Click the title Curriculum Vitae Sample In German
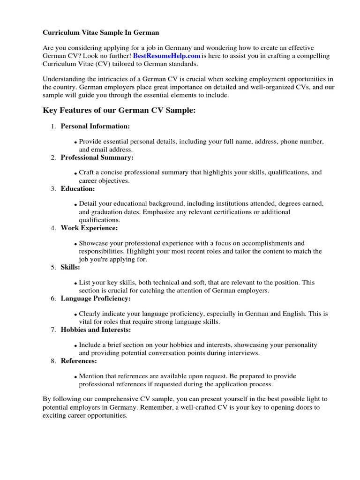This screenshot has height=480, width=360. click(101, 33)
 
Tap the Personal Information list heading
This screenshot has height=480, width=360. click(95, 126)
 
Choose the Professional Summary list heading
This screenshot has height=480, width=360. click(97, 157)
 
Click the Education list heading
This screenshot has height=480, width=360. click(78, 188)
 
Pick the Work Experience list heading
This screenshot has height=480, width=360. click(89, 228)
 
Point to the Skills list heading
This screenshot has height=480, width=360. click(70, 267)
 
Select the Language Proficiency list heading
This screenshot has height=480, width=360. click(96, 298)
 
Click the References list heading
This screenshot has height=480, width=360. click(79, 361)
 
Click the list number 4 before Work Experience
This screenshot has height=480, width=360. click(53, 228)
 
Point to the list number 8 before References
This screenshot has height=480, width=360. click(53, 361)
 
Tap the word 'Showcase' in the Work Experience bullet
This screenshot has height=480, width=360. click(93, 243)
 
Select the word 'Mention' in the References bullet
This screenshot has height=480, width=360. click(91, 376)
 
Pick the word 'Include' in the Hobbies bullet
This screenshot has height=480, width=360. click(90, 345)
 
